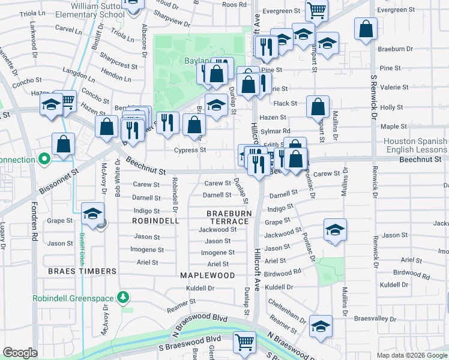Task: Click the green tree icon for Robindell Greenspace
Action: point(122,296)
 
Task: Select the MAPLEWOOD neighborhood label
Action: point(207,275)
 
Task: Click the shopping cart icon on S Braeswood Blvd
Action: point(244,342)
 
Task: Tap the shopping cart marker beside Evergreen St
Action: point(316,10)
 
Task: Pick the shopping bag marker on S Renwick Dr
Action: point(366,28)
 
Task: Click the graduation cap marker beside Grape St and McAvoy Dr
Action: point(93,214)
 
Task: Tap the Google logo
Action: point(20,353)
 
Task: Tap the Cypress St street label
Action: point(190,150)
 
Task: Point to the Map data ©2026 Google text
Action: point(411,355)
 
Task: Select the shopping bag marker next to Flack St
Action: point(318,107)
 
